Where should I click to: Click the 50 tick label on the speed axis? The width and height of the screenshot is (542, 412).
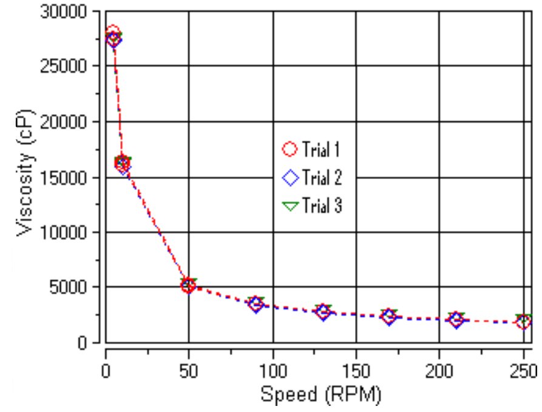189,371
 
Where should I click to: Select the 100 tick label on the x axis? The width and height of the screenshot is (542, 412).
273,371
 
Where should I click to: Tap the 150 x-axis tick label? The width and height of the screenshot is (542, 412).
356,371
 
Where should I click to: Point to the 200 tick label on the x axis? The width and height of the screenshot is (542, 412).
439,371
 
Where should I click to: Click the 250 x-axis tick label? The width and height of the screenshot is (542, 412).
522,371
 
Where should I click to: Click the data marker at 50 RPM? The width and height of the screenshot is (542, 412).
189,285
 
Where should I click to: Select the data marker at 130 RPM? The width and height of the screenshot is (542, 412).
323,312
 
